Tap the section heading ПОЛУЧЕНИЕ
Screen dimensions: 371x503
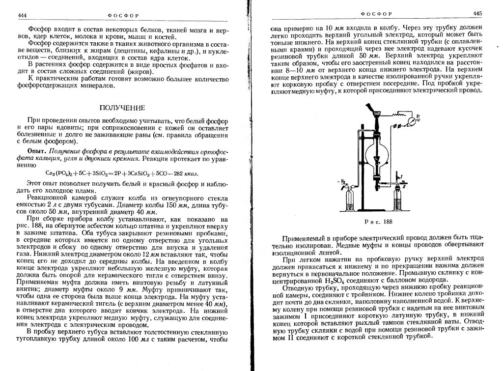[122, 108]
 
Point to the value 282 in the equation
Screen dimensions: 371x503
[173, 172]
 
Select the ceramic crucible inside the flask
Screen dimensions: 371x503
[377, 158]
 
